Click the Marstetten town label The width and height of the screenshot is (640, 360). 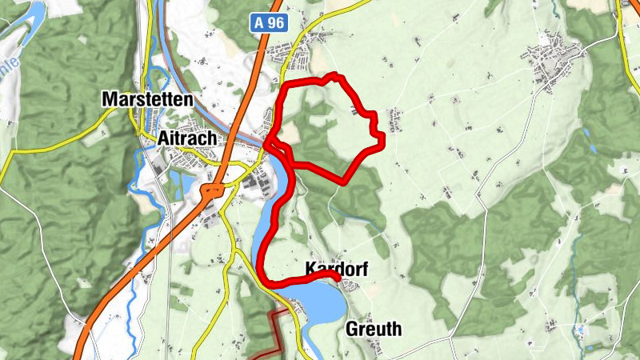[148, 100]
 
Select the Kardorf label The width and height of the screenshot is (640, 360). [336, 270]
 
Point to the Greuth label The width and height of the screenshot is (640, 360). [374, 329]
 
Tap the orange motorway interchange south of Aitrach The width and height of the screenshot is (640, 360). [213, 191]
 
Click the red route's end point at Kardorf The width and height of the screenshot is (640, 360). [337, 277]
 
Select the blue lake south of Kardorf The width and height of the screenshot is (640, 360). [320, 300]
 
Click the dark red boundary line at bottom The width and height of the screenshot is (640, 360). [276, 328]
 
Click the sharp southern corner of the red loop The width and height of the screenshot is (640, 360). [345, 181]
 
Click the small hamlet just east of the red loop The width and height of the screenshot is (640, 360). [395, 120]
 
